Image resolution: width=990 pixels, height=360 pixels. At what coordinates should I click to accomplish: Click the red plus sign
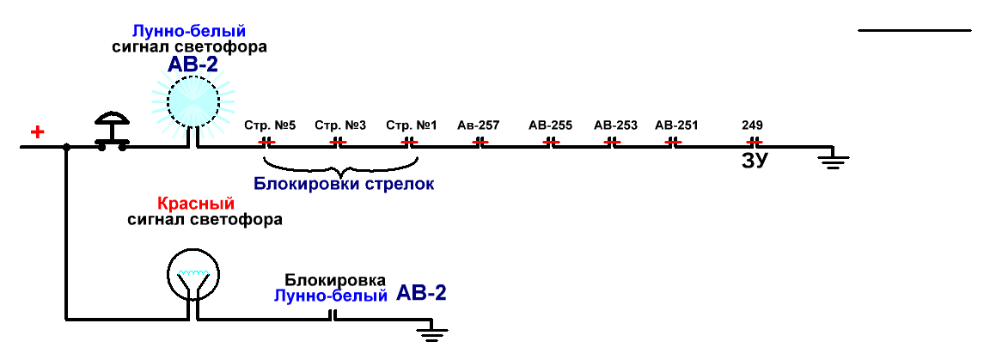click(37, 132)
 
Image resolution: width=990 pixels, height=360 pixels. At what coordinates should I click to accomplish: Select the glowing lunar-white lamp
click(194, 99)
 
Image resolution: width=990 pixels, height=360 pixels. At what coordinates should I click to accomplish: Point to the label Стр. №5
click(270, 125)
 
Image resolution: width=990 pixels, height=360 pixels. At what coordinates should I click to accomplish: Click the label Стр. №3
click(340, 125)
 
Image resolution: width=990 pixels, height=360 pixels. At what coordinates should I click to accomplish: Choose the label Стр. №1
click(412, 125)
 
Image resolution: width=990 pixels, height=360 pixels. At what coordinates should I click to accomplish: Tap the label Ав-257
click(479, 125)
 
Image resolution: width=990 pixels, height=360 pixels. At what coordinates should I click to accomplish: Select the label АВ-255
click(551, 125)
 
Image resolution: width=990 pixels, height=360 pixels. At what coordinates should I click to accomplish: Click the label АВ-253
click(615, 125)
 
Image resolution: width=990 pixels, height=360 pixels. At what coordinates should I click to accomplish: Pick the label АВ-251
click(676, 125)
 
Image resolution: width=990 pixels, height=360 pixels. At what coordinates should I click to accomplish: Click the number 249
click(753, 125)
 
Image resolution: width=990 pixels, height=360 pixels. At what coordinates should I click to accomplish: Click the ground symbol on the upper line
click(831, 159)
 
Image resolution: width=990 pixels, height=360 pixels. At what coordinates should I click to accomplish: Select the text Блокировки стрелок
click(344, 184)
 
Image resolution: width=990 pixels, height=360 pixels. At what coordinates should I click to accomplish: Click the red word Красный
click(196, 204)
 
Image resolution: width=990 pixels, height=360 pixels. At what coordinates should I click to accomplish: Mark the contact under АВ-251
click(675, 142)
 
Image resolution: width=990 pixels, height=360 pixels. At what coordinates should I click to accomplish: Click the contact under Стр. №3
click(339, 142)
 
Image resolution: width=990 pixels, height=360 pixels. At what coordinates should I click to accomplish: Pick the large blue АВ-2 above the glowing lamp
click(194, 64)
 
